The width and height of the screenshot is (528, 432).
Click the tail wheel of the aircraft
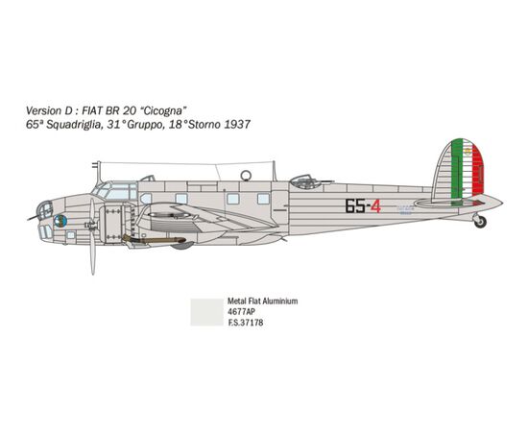(480, 222)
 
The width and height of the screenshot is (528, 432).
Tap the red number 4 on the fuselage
(375, 206)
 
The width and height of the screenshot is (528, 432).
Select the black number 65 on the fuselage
(355, 206)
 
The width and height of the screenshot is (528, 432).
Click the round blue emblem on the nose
(60, 221)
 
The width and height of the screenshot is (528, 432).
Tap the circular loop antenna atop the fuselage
(246, 175)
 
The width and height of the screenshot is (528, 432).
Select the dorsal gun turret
(303, 181)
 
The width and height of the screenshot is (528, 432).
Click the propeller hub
(91, 225)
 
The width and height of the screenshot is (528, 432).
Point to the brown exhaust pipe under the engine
(154, 240)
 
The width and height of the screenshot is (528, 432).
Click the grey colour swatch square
(206, 312)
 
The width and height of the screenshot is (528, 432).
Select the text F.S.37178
(246, 323)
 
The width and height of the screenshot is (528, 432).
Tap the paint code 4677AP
(241, 312)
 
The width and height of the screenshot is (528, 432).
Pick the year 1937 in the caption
(237, 125)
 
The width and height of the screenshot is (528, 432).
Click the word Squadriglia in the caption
(73, 125)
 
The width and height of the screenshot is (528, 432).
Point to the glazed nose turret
(45, 210)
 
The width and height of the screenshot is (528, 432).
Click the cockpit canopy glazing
(114, 191)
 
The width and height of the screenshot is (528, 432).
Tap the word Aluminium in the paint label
(280, 301)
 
